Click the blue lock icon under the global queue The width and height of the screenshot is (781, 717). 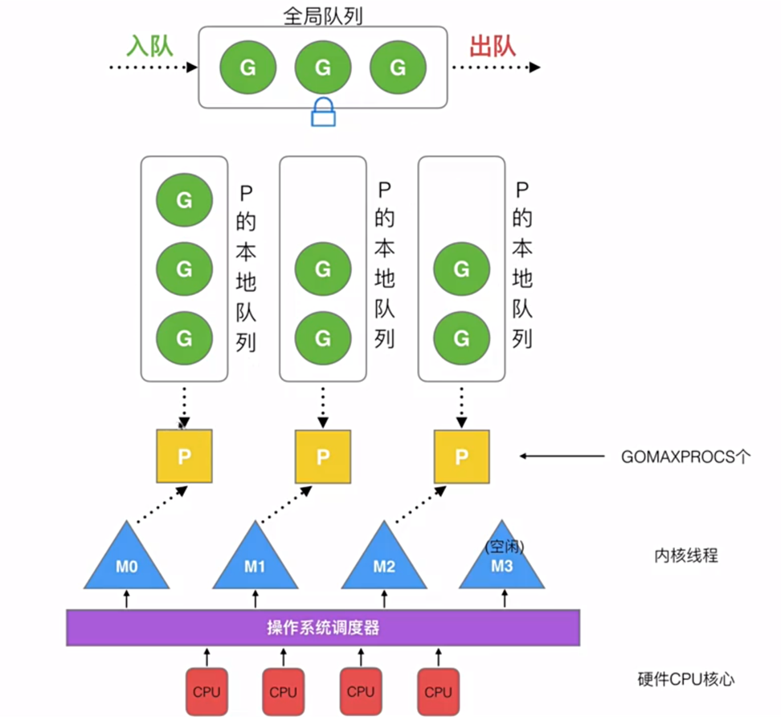[323, 112]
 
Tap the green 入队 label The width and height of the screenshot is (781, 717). [149, 45]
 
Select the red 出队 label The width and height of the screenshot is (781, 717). [492, 45]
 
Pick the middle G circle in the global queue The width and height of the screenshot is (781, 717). [323, 68]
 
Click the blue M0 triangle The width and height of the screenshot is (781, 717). [127, 559]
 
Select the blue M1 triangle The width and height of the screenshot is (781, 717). [255, 559]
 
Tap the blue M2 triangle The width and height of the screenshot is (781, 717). [384, 559]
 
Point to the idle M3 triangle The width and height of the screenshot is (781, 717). [505, 559]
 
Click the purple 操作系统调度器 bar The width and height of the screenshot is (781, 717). [322, 628]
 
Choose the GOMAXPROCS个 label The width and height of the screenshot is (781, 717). [685, 457]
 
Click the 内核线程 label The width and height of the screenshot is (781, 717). [685, 555]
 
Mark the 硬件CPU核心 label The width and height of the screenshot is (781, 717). [685, 679]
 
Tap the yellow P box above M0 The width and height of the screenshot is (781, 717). [184, 457]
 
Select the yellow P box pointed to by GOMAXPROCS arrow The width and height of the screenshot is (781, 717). [461, 457]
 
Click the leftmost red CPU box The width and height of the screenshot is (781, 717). [206, 691]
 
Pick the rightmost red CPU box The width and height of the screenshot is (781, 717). [438, 691]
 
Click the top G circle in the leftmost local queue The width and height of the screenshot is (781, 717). [184, 199]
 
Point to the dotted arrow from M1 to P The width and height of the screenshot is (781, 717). [287, 502]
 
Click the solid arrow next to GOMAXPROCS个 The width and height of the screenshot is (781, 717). [562, 457]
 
